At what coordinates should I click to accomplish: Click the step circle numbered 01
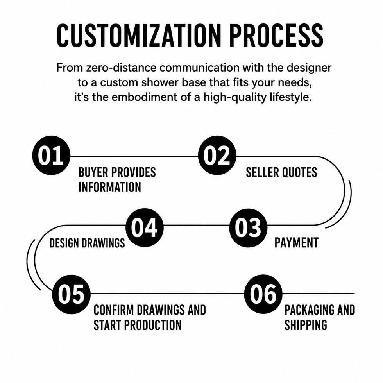pos(51,156)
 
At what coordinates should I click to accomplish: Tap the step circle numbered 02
pos(217,156)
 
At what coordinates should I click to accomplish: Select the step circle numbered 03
pos(249,227)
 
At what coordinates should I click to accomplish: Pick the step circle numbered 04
pos(145,227)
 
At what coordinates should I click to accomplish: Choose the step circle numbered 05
pos(71,294)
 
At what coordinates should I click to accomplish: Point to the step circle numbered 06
pos(263,294)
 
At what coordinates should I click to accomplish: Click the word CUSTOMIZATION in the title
pos(139,36)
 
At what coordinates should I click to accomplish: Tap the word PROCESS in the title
pos(277,36)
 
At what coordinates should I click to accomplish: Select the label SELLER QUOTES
pos(281,172)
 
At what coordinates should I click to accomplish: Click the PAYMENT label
pos(297,243)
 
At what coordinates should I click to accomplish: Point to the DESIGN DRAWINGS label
pos(87,243)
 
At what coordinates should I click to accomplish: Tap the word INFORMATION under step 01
pos(110,187)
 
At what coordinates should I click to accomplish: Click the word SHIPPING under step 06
pos(306,325)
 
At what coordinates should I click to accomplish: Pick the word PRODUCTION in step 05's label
pos(153,325)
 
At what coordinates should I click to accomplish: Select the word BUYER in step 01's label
pos(93,172)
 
